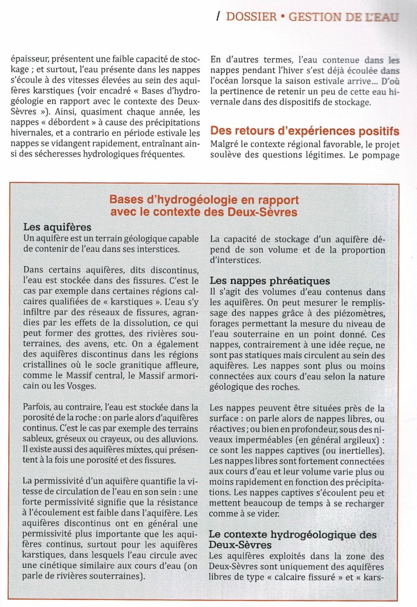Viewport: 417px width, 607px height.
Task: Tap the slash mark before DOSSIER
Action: [219, 17]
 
